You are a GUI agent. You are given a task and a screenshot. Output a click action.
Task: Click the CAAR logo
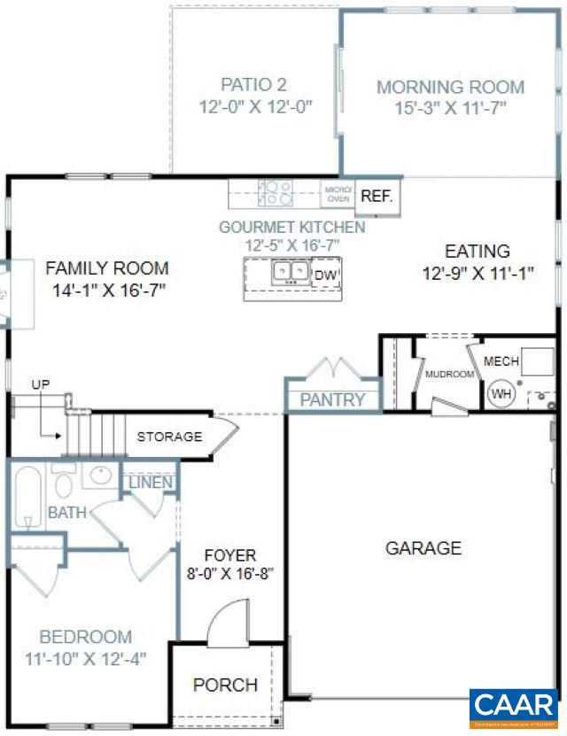tap(514, 707)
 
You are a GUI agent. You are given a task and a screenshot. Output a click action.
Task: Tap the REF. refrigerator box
tap(377, 197)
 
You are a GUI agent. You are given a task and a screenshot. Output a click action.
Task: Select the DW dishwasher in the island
tap(325, 275)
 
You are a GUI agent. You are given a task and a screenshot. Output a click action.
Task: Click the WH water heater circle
tap(502, 393)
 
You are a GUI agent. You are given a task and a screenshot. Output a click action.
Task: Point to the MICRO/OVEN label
tap(338, 194)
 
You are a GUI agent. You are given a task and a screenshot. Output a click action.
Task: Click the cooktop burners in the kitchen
tap(275, 192)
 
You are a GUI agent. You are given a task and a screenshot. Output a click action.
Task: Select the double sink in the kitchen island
tap(291, 271)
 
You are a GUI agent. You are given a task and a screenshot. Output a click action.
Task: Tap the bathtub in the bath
tap(27, 496)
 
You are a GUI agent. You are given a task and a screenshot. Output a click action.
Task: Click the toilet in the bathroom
tap(64, 483)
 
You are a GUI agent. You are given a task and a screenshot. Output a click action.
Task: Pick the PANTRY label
tap(332, 399)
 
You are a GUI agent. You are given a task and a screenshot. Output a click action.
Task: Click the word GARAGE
tap(423, 548)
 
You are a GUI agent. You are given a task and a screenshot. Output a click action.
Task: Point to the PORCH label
tap(225, 685)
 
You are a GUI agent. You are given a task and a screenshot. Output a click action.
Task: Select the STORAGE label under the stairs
tap(169, 437)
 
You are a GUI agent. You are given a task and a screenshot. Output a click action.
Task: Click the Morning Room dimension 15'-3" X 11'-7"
tap(450, 109)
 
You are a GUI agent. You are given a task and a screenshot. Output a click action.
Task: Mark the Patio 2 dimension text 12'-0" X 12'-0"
tap(255, 105)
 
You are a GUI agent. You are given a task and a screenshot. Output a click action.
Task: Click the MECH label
tap(501, 361)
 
